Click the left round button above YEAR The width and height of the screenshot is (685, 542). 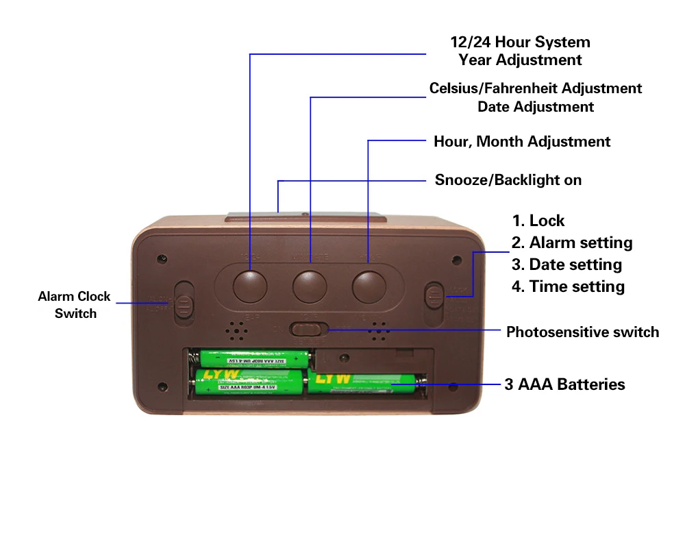(x=250, y=286)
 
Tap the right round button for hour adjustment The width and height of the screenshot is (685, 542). (x=369, y=286)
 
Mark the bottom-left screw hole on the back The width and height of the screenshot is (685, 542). (x=162, y=386)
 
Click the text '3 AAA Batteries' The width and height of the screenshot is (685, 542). (x=564, y=384)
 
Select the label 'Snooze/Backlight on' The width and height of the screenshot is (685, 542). (x=508, y=180)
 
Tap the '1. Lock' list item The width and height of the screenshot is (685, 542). (x=538, y=221)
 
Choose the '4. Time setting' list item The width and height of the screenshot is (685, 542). (x=568, y=286)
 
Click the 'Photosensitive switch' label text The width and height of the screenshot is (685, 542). (x=582, y=332)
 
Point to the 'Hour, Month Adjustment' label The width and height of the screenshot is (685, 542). (x=521, y=142)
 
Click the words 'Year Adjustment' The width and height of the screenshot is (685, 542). (x=520, y=60)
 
